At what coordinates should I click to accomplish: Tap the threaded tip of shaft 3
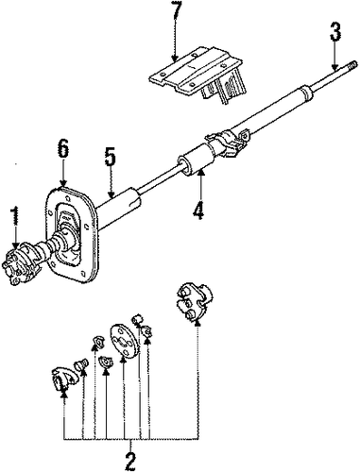[x=352, y=66]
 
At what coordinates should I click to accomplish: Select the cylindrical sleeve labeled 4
[x=197, y=160]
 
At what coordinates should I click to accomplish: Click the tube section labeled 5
[x=117, y=209]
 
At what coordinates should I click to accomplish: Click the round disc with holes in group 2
[x=123, y=341]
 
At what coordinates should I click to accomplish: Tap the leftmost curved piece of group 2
[x=64, y=378]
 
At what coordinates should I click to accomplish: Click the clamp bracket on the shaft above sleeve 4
[x=228, y=140]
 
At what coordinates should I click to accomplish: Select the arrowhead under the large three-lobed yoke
[x=197, y=322]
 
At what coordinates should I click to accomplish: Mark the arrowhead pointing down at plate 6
[x=63, y=183]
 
